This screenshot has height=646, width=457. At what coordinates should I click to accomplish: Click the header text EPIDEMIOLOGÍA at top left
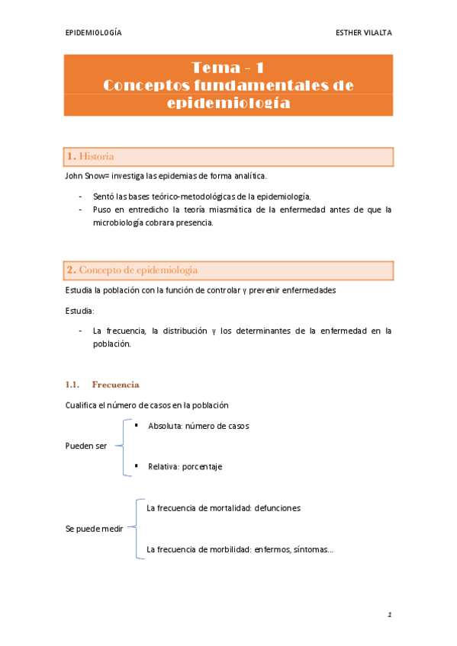[93, 33]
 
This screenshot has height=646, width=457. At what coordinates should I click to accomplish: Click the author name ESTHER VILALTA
[364, 33]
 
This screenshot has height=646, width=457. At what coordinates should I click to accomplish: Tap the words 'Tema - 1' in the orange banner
[228, 68]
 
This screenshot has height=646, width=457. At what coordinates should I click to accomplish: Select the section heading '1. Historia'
[91, 156]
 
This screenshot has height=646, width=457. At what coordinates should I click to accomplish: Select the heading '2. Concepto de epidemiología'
[132, 270]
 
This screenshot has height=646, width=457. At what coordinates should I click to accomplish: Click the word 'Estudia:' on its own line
[79, 311]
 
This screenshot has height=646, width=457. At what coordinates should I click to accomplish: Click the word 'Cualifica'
[82, 405]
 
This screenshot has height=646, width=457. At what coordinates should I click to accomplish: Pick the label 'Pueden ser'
[85, 446]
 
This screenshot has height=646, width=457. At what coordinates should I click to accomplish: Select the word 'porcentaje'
[201, 466]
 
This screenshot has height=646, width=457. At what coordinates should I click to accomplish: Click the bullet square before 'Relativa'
[136, 464]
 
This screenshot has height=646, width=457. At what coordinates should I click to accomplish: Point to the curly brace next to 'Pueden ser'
[122, 446]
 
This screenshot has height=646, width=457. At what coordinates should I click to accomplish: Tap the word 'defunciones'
[278, 507]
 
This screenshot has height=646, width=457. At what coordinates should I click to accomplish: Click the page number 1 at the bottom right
[388, 613]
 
